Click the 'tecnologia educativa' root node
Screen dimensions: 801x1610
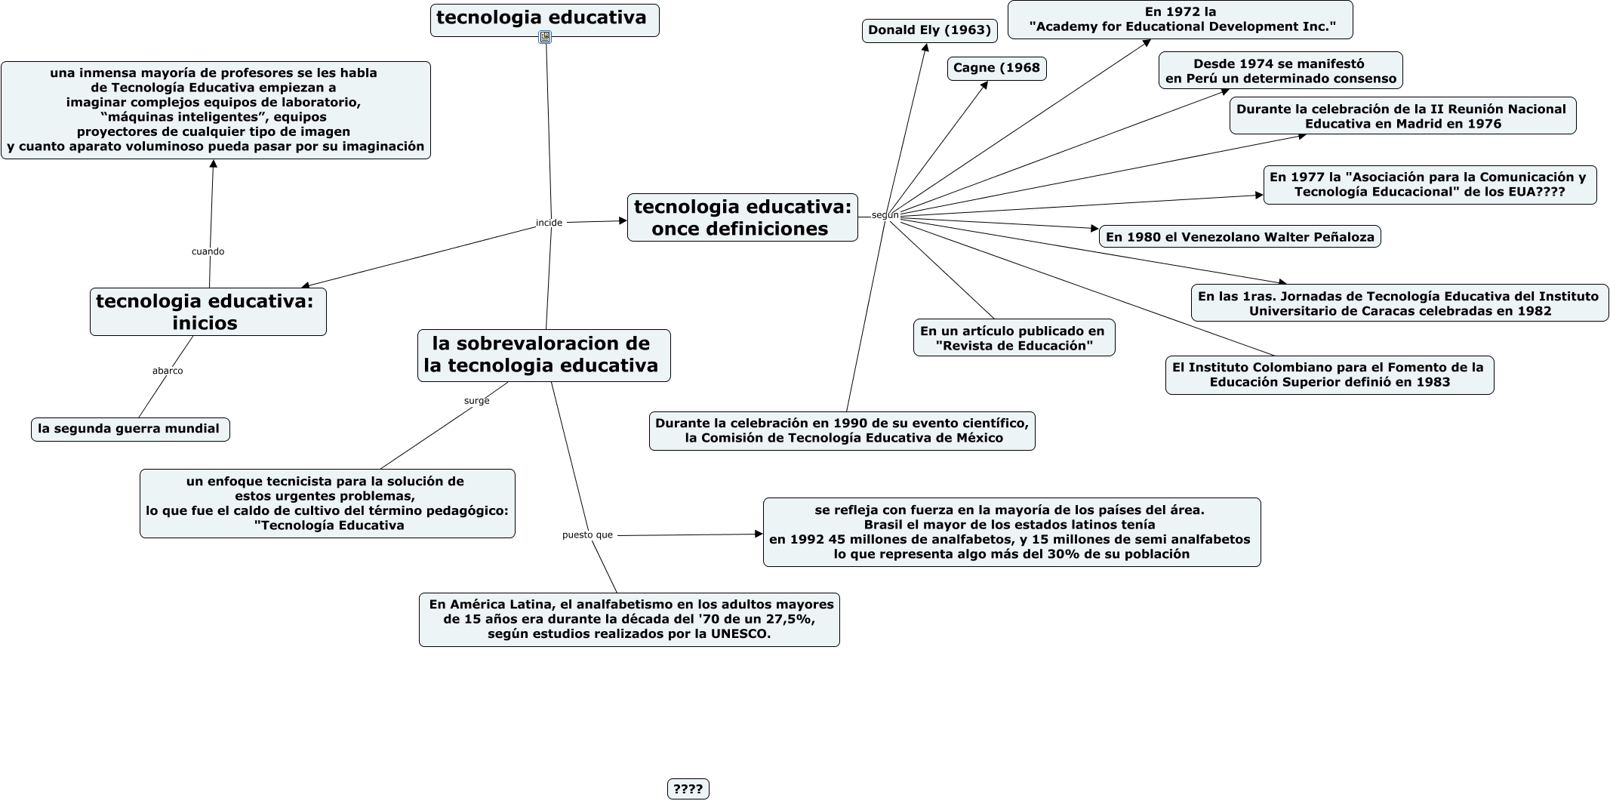click(544, 19)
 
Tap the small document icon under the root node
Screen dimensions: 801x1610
click(545, 37)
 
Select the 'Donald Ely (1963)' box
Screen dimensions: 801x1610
click(929, 30)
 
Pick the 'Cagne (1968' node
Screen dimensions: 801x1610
click(996, 68)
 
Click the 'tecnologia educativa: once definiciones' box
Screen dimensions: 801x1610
click(742, 217)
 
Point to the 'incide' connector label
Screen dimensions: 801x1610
click(549, 223)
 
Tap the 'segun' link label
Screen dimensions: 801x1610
click(885, 215)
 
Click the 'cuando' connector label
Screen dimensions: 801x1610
click(208, 251)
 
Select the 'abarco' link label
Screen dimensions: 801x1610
click(168, 371)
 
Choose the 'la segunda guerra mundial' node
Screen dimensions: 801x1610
click(130, 429)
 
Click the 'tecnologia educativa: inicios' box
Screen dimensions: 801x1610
click(208, 312)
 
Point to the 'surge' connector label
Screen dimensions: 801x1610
click(476, 401)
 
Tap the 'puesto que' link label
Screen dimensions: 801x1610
click(587, 535)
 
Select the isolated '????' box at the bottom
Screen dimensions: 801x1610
click(688, 789)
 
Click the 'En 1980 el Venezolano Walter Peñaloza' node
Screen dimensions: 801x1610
click(1239, 237)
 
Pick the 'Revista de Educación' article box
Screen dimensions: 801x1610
click(1014, 338)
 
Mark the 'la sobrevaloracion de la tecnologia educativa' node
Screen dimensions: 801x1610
click(543, 355)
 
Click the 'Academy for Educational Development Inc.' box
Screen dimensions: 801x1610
click(1180, 20)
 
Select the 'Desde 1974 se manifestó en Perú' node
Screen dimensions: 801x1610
click(1280, 71)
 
